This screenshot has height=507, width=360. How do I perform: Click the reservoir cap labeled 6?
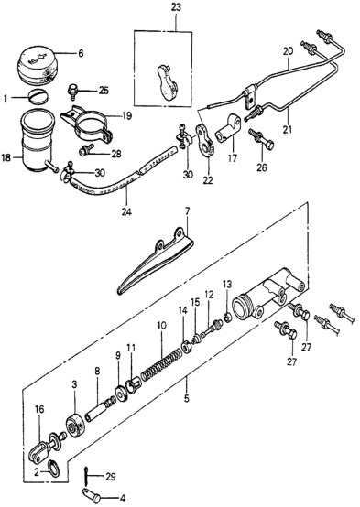tap(34, 66)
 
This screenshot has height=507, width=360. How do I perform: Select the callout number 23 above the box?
tap(177, 7)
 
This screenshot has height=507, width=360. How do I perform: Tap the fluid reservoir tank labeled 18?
tap(38, 140)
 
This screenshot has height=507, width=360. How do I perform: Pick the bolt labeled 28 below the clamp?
tap(85, 150)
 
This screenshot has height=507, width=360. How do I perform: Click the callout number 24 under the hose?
tap(127, 212)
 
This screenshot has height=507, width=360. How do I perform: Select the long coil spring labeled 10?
tap(159, 361)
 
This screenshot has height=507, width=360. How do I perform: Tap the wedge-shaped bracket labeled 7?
tap(156, 262)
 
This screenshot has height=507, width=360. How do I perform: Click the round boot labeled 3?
tap(76, 426)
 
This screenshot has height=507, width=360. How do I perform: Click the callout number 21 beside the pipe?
tap(288, 129)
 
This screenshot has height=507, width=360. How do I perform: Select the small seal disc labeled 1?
tap(38, 95)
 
